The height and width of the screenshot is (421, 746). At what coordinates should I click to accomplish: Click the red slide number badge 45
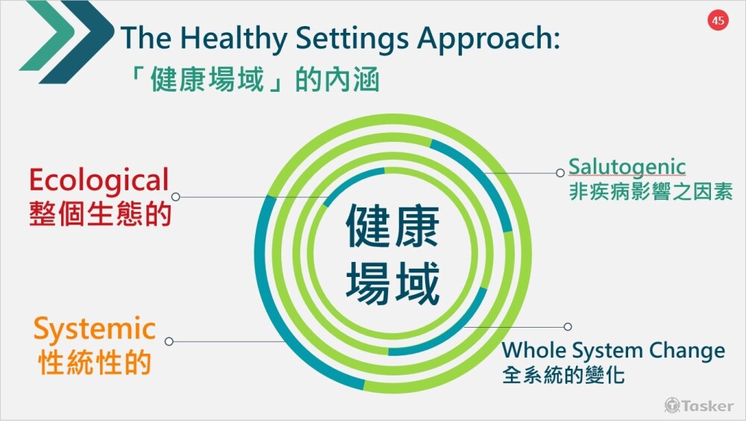click(x=718, y=20)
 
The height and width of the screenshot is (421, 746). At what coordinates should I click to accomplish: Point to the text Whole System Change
click(x=613, y=351)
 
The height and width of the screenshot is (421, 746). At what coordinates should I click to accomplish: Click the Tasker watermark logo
click(x=699, y=406)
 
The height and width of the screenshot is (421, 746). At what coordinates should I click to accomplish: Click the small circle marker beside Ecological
click(x=175, y=196)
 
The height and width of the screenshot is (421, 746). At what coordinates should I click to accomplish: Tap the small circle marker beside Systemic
click(x=169, y=341)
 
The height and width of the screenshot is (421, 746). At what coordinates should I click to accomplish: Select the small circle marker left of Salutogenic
click(x=560, y=173)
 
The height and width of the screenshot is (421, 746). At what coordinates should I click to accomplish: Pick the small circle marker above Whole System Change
click(x=568, y=327)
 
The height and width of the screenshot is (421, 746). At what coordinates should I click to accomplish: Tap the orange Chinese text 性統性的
click(x=95, y=363)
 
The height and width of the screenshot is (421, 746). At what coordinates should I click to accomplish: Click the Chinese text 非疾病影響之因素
click(x=651, y=191)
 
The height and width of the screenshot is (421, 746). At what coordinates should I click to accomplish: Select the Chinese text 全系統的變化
click(x=563, y=374)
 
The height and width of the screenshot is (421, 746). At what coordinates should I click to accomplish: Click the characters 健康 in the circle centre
click(x=392, y=227)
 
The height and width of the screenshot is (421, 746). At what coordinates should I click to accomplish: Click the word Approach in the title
click(x=489, y=39)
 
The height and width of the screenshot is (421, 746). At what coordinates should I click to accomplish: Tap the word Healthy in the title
click(x=233, y=38)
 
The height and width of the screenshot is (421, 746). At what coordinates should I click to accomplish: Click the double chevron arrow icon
click(x=66, y=42)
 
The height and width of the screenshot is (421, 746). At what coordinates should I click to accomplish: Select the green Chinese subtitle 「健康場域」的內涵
click(x=255, y=79)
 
